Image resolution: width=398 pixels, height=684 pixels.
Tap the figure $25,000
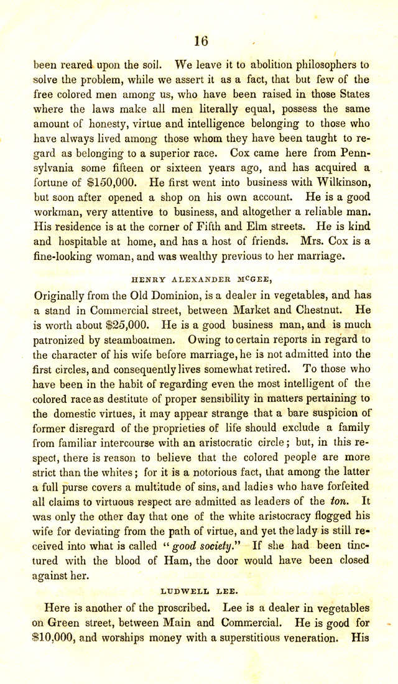pyautogui.click(x=121, y=323)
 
